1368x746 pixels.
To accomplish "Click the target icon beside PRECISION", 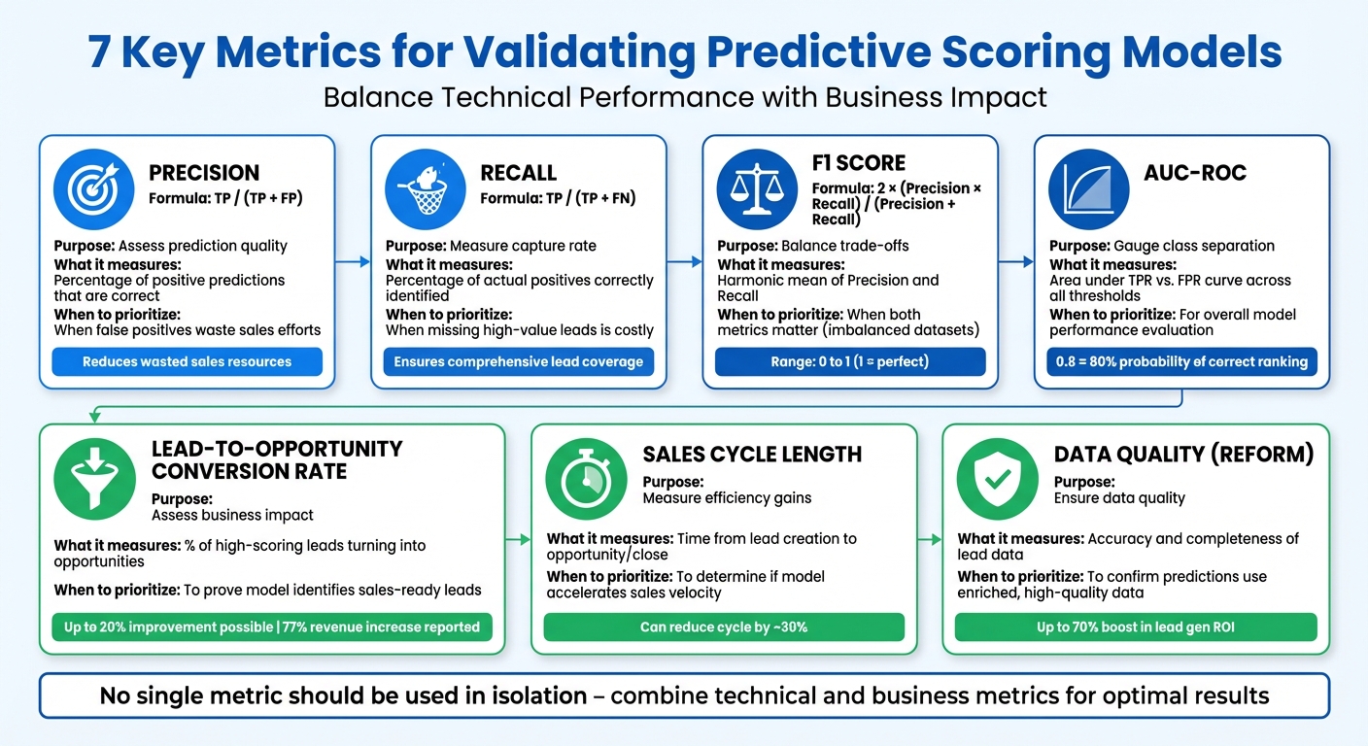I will click(x=93, y=189).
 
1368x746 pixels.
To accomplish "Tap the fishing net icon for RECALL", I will click(x=426, y=189).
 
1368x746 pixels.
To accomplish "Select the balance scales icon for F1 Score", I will click(x=757, y=189).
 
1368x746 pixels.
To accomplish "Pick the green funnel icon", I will click(x=94, y=479).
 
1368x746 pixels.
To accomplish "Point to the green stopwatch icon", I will click(x=586, y=479).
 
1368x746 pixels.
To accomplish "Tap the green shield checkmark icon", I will click(x=997, y=479).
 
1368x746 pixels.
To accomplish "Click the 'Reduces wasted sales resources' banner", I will click(x=187, y=362).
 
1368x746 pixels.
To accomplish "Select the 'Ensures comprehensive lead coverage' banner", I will click(x=519, y=362).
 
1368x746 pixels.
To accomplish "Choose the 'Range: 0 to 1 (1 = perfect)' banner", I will click(x=850, y=362).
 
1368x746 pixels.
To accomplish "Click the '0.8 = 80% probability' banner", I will click(x=1181, y=362).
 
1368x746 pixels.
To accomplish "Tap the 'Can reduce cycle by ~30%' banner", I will click(x=724, y=627).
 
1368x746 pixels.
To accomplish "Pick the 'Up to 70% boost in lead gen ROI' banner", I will click(x=1135, y=627).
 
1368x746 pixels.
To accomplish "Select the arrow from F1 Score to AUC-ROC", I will click(x=1016, y=261).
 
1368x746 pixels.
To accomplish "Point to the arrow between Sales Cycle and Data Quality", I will click(x=930, y=537).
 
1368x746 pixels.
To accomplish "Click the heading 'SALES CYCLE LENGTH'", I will click(x=752, y=455).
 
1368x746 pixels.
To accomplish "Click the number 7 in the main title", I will click(x=98, y=52).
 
